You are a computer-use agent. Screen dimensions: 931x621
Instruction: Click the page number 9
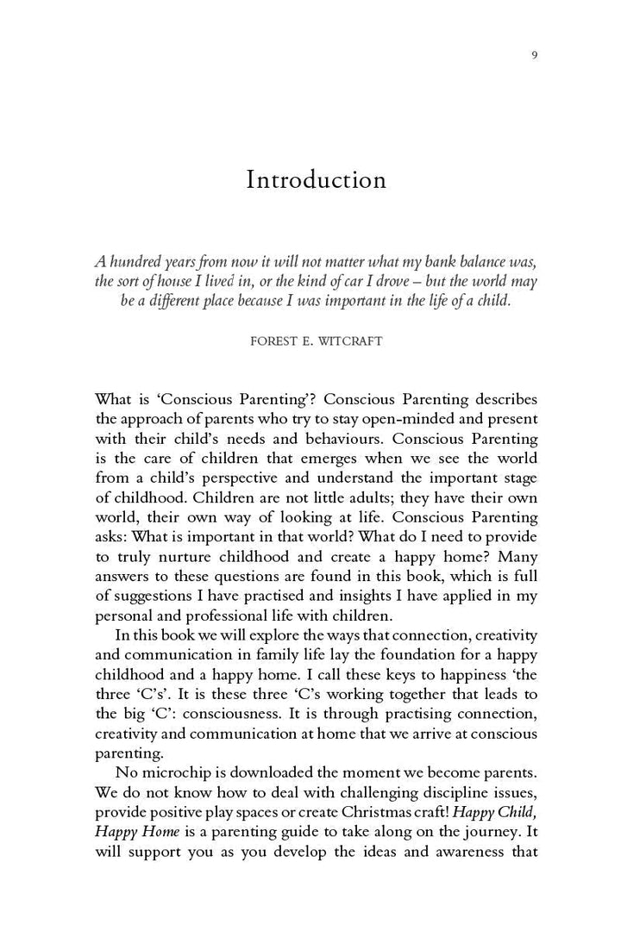tap(535, 56)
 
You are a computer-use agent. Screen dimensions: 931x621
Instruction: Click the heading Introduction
tap(316, 180)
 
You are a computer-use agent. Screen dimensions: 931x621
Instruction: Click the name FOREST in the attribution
tap(274, 341)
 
